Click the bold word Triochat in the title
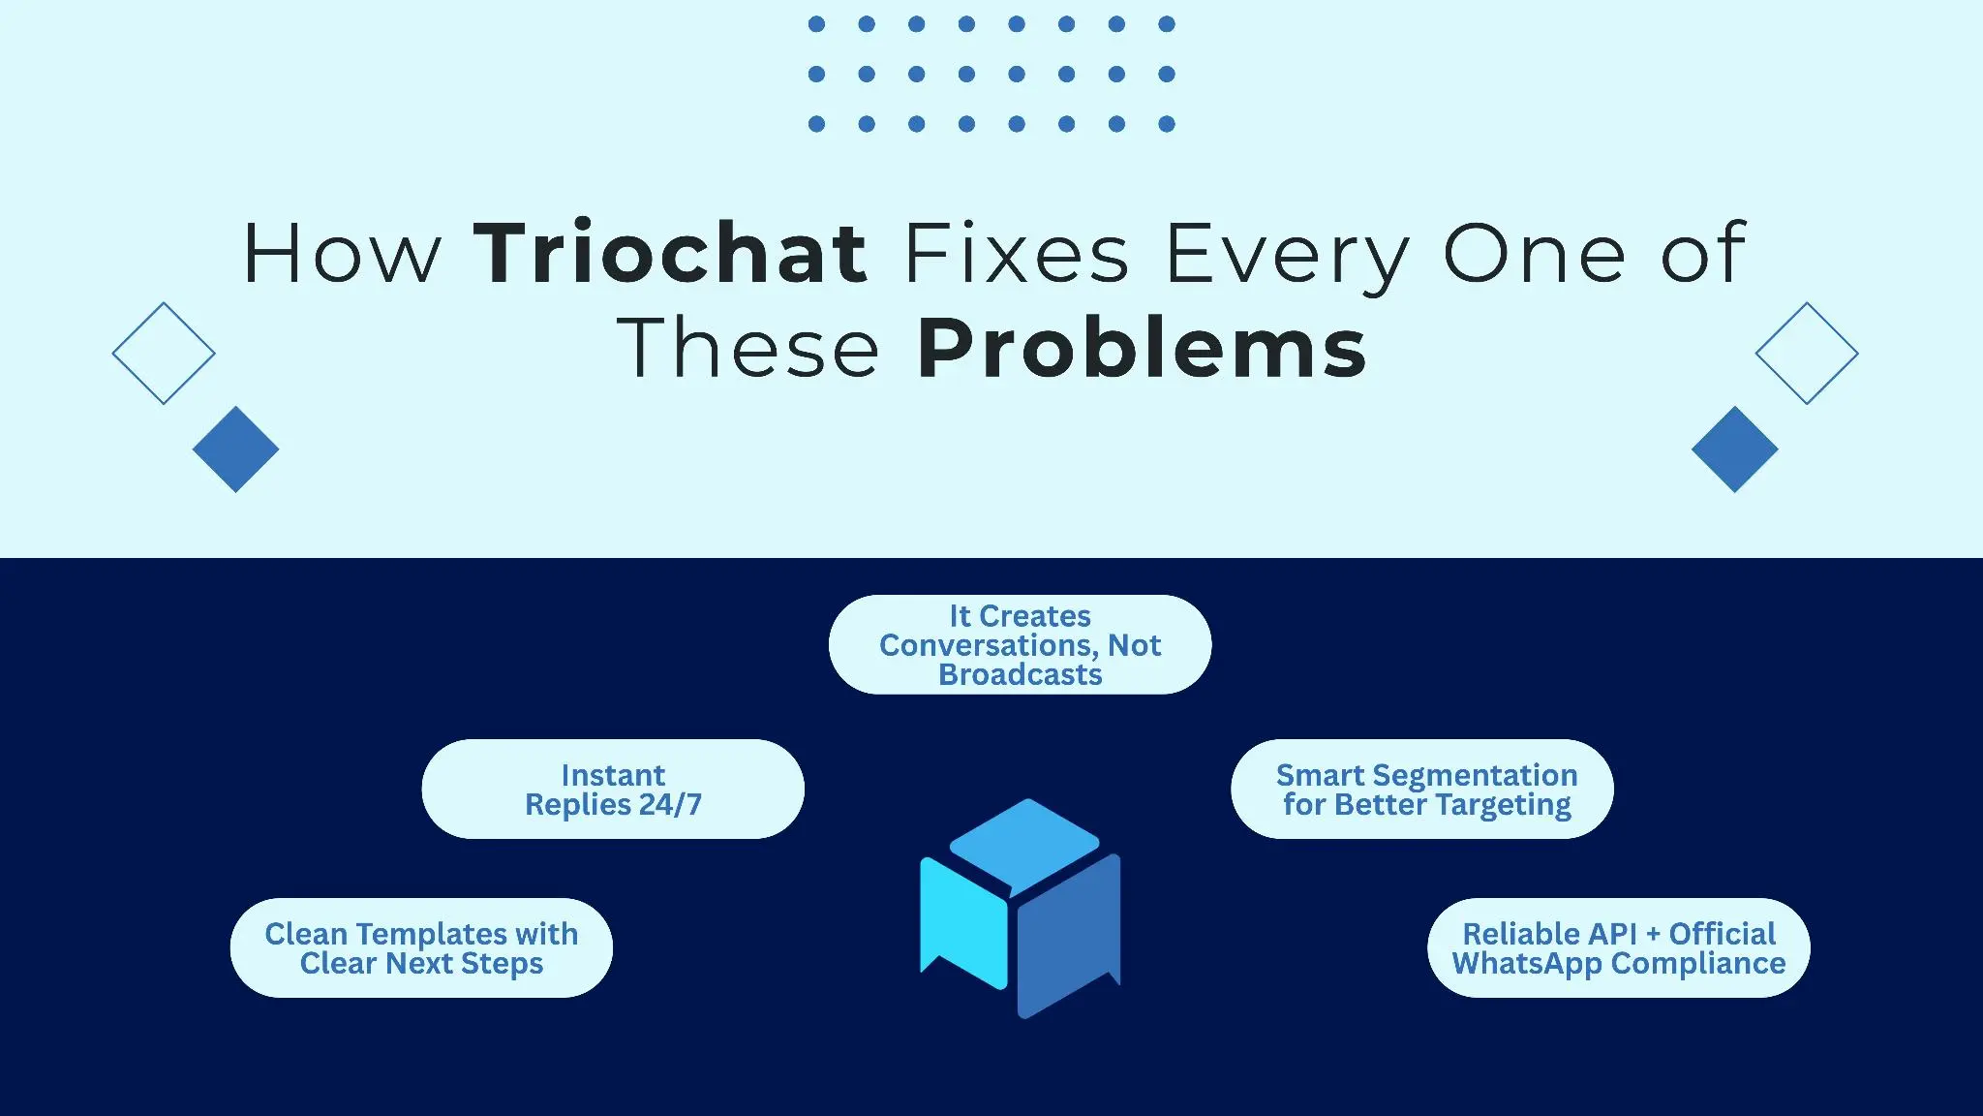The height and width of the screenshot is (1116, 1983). coord(670,254)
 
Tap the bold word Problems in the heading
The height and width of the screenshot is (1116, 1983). coord(1142,348)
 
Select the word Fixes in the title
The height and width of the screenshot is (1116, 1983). coord(1016,254)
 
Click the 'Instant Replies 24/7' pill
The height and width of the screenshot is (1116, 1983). coord(613,790)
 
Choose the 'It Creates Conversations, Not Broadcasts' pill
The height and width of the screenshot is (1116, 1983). coord(1020,645)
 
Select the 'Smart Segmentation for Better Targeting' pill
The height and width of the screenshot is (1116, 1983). coord(1421,790)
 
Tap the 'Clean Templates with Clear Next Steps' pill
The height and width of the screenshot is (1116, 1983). coord(421,948)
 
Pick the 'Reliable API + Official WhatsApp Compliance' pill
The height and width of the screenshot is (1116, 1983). coord(1618,948)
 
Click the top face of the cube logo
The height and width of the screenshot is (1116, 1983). coord(1024,841)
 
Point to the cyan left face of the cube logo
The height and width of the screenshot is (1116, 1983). coord(963,920)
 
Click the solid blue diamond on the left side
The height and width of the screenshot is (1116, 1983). coord(235,449)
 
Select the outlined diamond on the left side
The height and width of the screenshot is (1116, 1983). coord(164,354)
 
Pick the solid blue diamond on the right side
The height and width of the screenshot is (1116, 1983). coord(1734,449)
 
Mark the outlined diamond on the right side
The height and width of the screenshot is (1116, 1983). coord(1806,354)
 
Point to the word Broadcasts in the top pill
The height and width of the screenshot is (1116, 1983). coord(1020,675)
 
